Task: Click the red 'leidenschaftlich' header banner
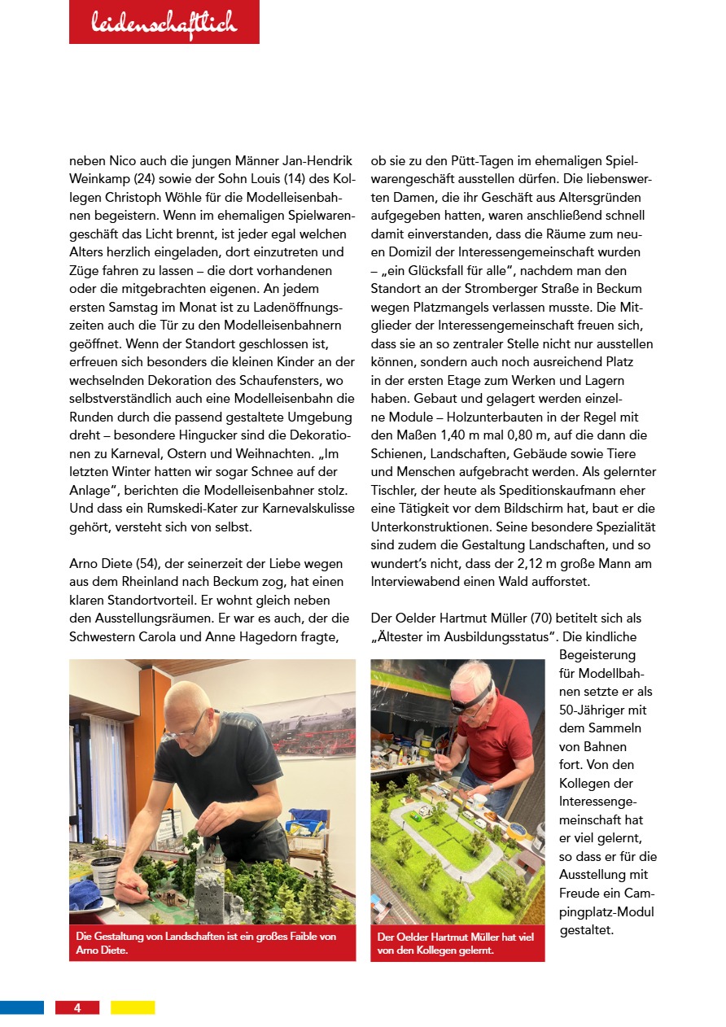pos(164,23)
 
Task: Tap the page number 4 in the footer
pos(77,1007)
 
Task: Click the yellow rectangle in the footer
pos(133,1007)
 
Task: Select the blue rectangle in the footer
pos(22,1007)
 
